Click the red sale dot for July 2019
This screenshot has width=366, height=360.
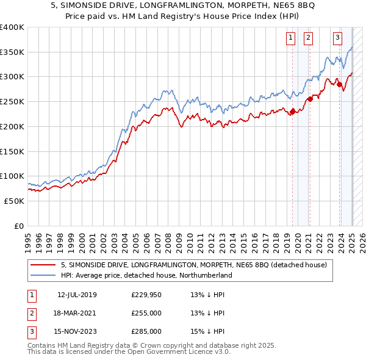pyautogui.click(x=292, y=111)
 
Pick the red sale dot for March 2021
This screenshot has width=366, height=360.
pyautogui.click(x=310, y=99)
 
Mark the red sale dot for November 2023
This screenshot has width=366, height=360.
pyautogui.click(x=339, y=84)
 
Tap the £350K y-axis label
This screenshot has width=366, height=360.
pyautogui.click(x=12, y=52)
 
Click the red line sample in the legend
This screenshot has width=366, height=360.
pyautogui.click(x=43, y=265)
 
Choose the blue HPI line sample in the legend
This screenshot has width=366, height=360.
pyautogui.click(x=43, y=275)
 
